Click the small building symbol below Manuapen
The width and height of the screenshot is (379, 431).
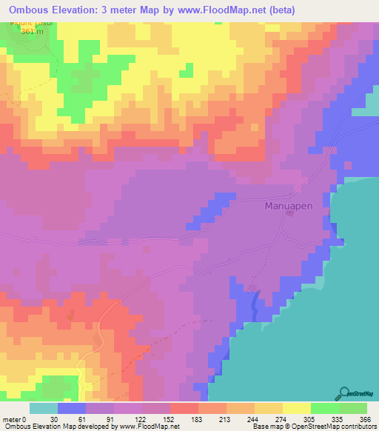(289, 215)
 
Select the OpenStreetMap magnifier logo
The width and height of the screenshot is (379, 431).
(345, 393)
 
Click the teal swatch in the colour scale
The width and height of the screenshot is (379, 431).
(44, 408)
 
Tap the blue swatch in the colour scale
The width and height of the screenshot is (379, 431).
(72, 408)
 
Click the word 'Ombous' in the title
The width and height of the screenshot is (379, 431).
(32, 10)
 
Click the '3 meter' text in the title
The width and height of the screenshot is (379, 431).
(128, 10)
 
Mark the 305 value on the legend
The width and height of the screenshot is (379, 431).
(311, 420)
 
